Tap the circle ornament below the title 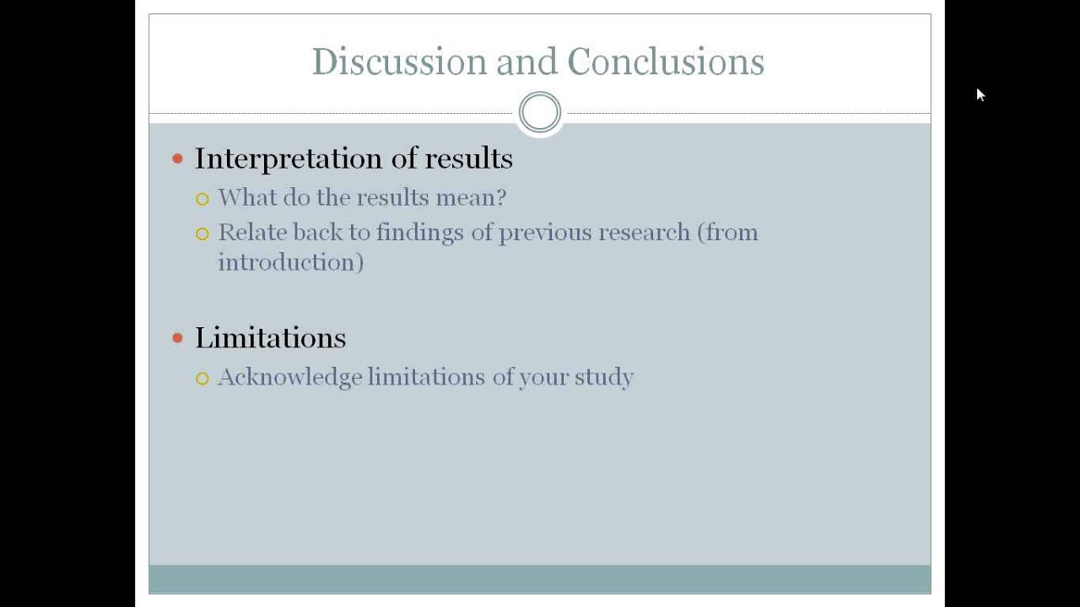[540, 112]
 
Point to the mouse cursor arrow [980, 94]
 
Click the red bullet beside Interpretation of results [177, 158]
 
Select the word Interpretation [289, 158]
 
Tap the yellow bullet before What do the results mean [202, 199]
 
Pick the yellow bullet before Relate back [202, 234]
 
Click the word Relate [250, 232]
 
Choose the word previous [546, 233]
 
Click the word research [644, 233]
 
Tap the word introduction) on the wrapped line [290, 262]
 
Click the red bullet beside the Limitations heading [177, 338]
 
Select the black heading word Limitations [270, 338]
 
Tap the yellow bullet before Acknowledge [202, 379]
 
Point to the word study [603, 377]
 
